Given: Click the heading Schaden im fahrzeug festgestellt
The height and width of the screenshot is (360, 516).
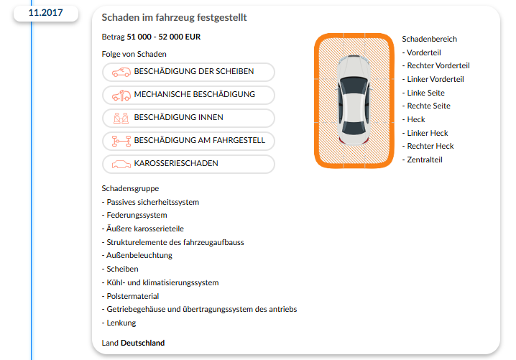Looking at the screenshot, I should (x=175, y=17).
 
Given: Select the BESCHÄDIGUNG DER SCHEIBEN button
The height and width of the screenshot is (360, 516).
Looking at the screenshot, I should (x=188, y=72).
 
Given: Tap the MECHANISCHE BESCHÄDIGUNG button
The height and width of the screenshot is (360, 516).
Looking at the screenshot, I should (x=188, y=95).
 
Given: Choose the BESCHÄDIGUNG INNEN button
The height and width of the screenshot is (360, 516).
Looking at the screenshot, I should (x=188, y=118).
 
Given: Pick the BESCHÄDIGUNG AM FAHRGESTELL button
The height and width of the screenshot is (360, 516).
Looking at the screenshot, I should (x=188, y=141).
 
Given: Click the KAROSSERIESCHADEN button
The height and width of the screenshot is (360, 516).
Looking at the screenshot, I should (x=188, y=164).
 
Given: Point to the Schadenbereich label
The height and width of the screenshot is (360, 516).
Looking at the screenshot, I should (x=429, y=40).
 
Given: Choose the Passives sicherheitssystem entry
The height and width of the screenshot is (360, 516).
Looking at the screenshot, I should (x=151, y=202).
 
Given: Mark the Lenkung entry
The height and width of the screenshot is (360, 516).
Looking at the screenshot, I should (x=121, y=323).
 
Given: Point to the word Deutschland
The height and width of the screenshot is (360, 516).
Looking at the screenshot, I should (x=142, y=343).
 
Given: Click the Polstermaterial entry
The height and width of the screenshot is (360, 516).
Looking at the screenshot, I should (x=131, y=296).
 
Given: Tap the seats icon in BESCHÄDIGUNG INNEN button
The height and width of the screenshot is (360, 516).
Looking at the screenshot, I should (x=121, y=118).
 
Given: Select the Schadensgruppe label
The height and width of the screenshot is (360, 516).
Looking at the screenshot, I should (x=130, y=188).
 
